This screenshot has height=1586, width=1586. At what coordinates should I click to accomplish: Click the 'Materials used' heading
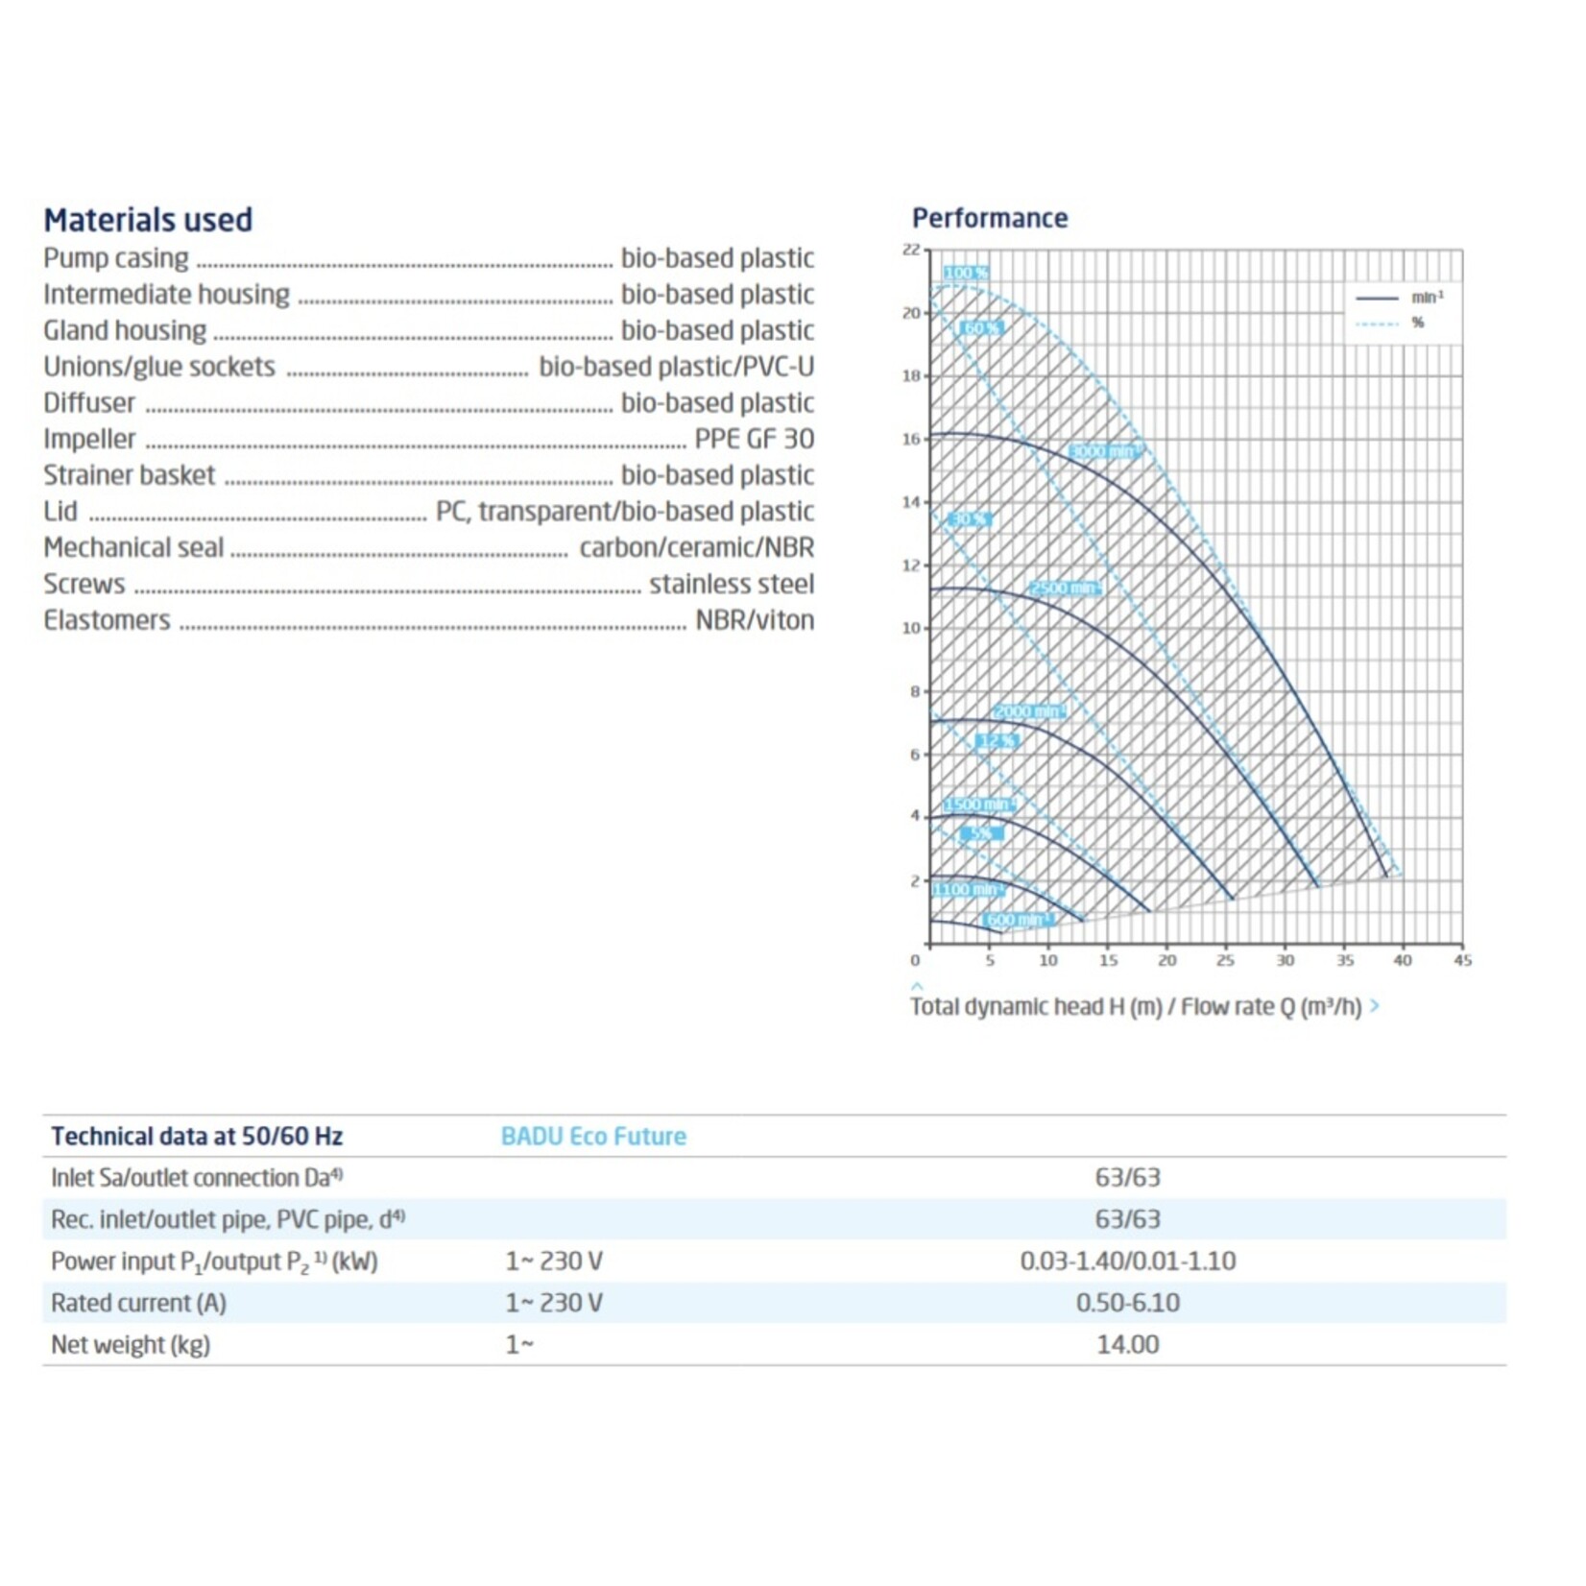pyautogui.click(x=148, y=220)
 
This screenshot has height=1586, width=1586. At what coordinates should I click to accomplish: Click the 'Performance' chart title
pyautogui.click(x=989, y=218)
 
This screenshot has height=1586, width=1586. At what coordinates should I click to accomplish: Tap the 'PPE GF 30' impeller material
pyautogui.click(x=754, y=439)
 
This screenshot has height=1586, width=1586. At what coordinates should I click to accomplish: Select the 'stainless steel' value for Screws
pyautogui.click(x=731, y=584)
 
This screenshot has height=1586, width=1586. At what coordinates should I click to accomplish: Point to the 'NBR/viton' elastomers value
pyautogui.click(x=754, y=620)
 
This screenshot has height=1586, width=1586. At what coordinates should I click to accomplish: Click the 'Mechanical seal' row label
pyautogui.click(x=133, y=547)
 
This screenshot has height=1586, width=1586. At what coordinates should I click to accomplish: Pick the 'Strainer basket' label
pyautogui.click(x=129, y=475)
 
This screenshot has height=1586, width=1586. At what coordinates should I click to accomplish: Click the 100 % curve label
pyautogui.click(x=965, y=273)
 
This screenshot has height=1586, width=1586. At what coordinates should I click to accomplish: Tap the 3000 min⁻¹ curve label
pyautogui.click(x=1102, y=451)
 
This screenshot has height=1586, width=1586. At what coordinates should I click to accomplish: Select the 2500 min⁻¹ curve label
pyautogui.click(x=1064, y=588)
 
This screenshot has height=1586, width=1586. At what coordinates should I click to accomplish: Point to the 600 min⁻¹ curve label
pyautogui.click(x=1015, y=920)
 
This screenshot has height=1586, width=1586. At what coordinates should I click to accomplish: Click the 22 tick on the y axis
pyautogui.click(x=910, y=250)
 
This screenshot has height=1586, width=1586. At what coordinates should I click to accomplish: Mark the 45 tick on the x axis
pyautogui.click(x=1462, y=960)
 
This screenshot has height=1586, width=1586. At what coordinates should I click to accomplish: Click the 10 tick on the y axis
pyautogui.click(x=910, y=628)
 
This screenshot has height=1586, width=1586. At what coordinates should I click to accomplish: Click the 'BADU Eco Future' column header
pyautogui.click(x=593, y=1136)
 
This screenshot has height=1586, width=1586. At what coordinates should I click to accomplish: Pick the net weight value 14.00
pyautogui.click(x=1127, y=1344)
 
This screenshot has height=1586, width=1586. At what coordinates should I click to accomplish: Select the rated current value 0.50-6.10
pyautogui.click(x=1127, y=1303)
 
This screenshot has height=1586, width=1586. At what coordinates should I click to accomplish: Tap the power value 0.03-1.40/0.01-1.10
pyautogui.click(x=1127, y=1261)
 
